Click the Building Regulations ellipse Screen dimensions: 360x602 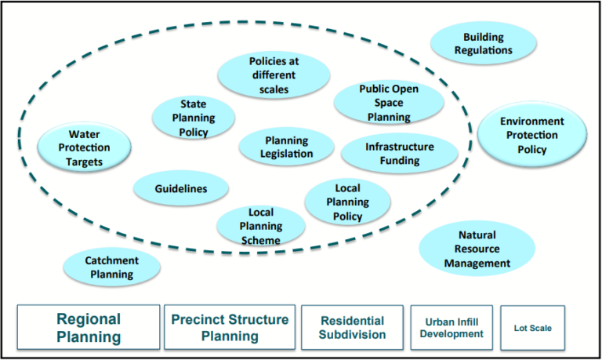tap(483, 43)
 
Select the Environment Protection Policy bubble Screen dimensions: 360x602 tap(531, 136)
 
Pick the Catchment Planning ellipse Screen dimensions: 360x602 tap(112, 267)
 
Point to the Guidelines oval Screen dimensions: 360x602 tap(180, 189)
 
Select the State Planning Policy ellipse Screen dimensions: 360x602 tap(193, 118)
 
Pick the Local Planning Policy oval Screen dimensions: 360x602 tap(347, 202)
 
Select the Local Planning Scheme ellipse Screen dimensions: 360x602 tap(260, 226)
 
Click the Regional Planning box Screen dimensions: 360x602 tap(88, 328)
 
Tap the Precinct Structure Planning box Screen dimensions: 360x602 tap(230, 328)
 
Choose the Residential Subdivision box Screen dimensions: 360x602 tap(352, 328)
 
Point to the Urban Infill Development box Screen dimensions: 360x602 tap(451, 328)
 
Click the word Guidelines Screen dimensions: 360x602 tap(180, 189)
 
